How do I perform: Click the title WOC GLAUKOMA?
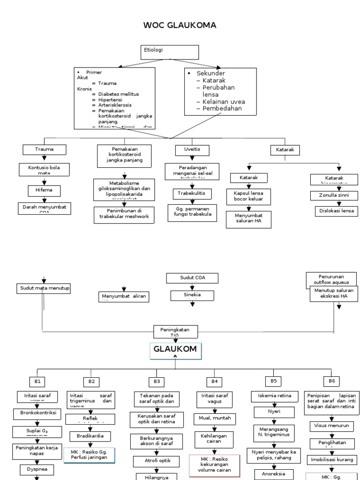(180, 25)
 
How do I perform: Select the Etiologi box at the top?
(160, 52)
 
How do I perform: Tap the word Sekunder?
(210, 74)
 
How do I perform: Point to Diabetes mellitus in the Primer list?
(119, 94)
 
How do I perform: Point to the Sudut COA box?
(192, 278)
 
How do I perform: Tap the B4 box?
(214, 381)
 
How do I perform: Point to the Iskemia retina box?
(274, 396)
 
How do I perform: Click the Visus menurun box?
(330, 426)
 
